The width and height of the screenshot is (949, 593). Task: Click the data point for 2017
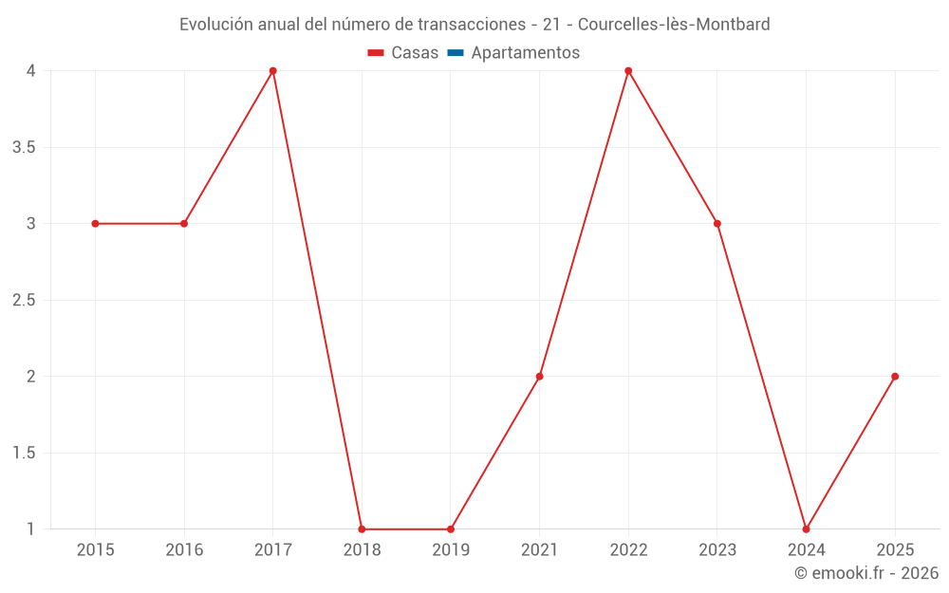click(x=272, y=71)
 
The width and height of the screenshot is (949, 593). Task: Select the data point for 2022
click(x=628, y=71)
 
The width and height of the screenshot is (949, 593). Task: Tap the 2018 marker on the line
click(x=362, y=528)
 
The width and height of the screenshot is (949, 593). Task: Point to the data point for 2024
click(x=806, y=528)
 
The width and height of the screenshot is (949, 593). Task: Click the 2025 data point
click(x=895, y=377)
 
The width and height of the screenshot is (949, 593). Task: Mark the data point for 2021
click(x=539, y=377)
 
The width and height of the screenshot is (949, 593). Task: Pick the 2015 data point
click(x=95, y=224)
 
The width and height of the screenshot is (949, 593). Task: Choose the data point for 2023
click(x=717, y=224)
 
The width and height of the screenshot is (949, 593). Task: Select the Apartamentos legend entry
click(x=525, y=53)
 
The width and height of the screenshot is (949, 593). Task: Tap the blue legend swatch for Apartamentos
click(x=456, y=53)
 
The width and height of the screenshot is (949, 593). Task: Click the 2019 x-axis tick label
click(x=451, y=550)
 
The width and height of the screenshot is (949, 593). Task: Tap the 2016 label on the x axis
click(x=184, y=550)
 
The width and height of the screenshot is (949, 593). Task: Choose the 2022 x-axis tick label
click(x=628, y=550)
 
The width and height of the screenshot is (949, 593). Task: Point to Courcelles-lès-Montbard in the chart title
click(x=674, y=25)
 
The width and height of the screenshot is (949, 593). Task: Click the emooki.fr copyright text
click(x=866, y=573)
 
